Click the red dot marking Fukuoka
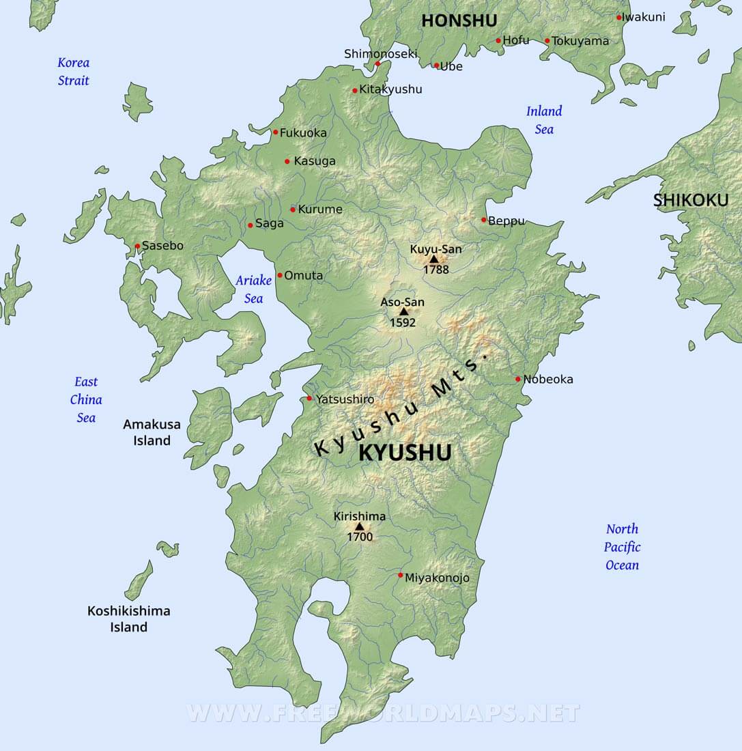276,132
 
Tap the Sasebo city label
162,246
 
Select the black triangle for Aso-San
403,312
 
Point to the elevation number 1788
436,270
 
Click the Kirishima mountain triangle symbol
359,526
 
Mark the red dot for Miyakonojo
401,575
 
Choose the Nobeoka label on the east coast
548,379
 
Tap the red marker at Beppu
483,220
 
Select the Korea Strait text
74,72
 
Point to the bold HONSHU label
459,20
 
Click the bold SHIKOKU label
691,200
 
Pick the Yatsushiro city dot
309,398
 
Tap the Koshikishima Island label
129,619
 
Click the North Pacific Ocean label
623,547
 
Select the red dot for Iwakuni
619,18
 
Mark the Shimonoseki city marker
377,64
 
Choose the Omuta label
304,275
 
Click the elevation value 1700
360,537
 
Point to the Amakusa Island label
152,432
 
